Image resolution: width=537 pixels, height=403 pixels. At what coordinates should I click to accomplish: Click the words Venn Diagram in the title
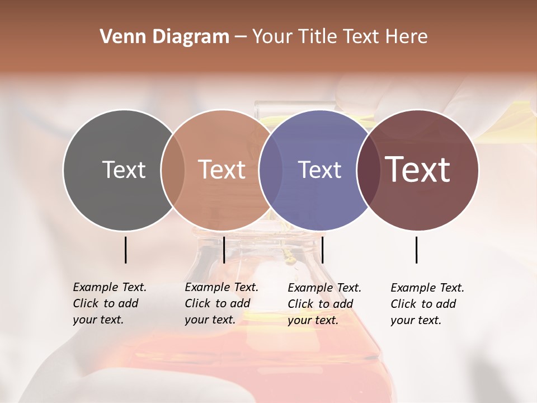[x=164, y=37]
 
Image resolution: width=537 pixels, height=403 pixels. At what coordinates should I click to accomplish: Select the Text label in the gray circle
[x=124, y=170]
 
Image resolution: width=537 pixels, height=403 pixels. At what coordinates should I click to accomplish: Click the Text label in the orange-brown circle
[x=222, y=170]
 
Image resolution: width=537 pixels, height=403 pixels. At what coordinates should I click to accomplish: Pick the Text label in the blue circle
[x=320, y=170]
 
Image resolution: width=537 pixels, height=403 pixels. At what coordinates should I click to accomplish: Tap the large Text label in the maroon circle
[x=418, y=169]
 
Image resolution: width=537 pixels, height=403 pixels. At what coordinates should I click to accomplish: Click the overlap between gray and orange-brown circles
[x=173, y=170]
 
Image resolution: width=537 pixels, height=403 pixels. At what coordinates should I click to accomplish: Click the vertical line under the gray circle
[x=125, y=250]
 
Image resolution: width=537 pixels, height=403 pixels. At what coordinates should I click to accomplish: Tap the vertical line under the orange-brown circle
[x=224, y=250]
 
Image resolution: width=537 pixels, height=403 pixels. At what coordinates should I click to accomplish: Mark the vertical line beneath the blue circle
[x=323, y=250]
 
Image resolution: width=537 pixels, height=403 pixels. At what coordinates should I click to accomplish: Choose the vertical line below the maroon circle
[x=416, y=250]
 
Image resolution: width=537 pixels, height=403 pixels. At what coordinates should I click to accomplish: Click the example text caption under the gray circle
[x=110, y=303]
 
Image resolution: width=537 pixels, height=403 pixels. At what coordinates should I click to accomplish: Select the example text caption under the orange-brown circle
[x=222, y=303]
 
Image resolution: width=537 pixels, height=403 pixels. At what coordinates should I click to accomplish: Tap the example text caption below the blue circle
[x=324, y=304]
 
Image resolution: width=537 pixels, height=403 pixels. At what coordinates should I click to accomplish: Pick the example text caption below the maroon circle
[x=427, y=304]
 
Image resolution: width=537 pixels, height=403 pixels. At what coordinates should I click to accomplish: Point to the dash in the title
[x=241, y=38]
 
